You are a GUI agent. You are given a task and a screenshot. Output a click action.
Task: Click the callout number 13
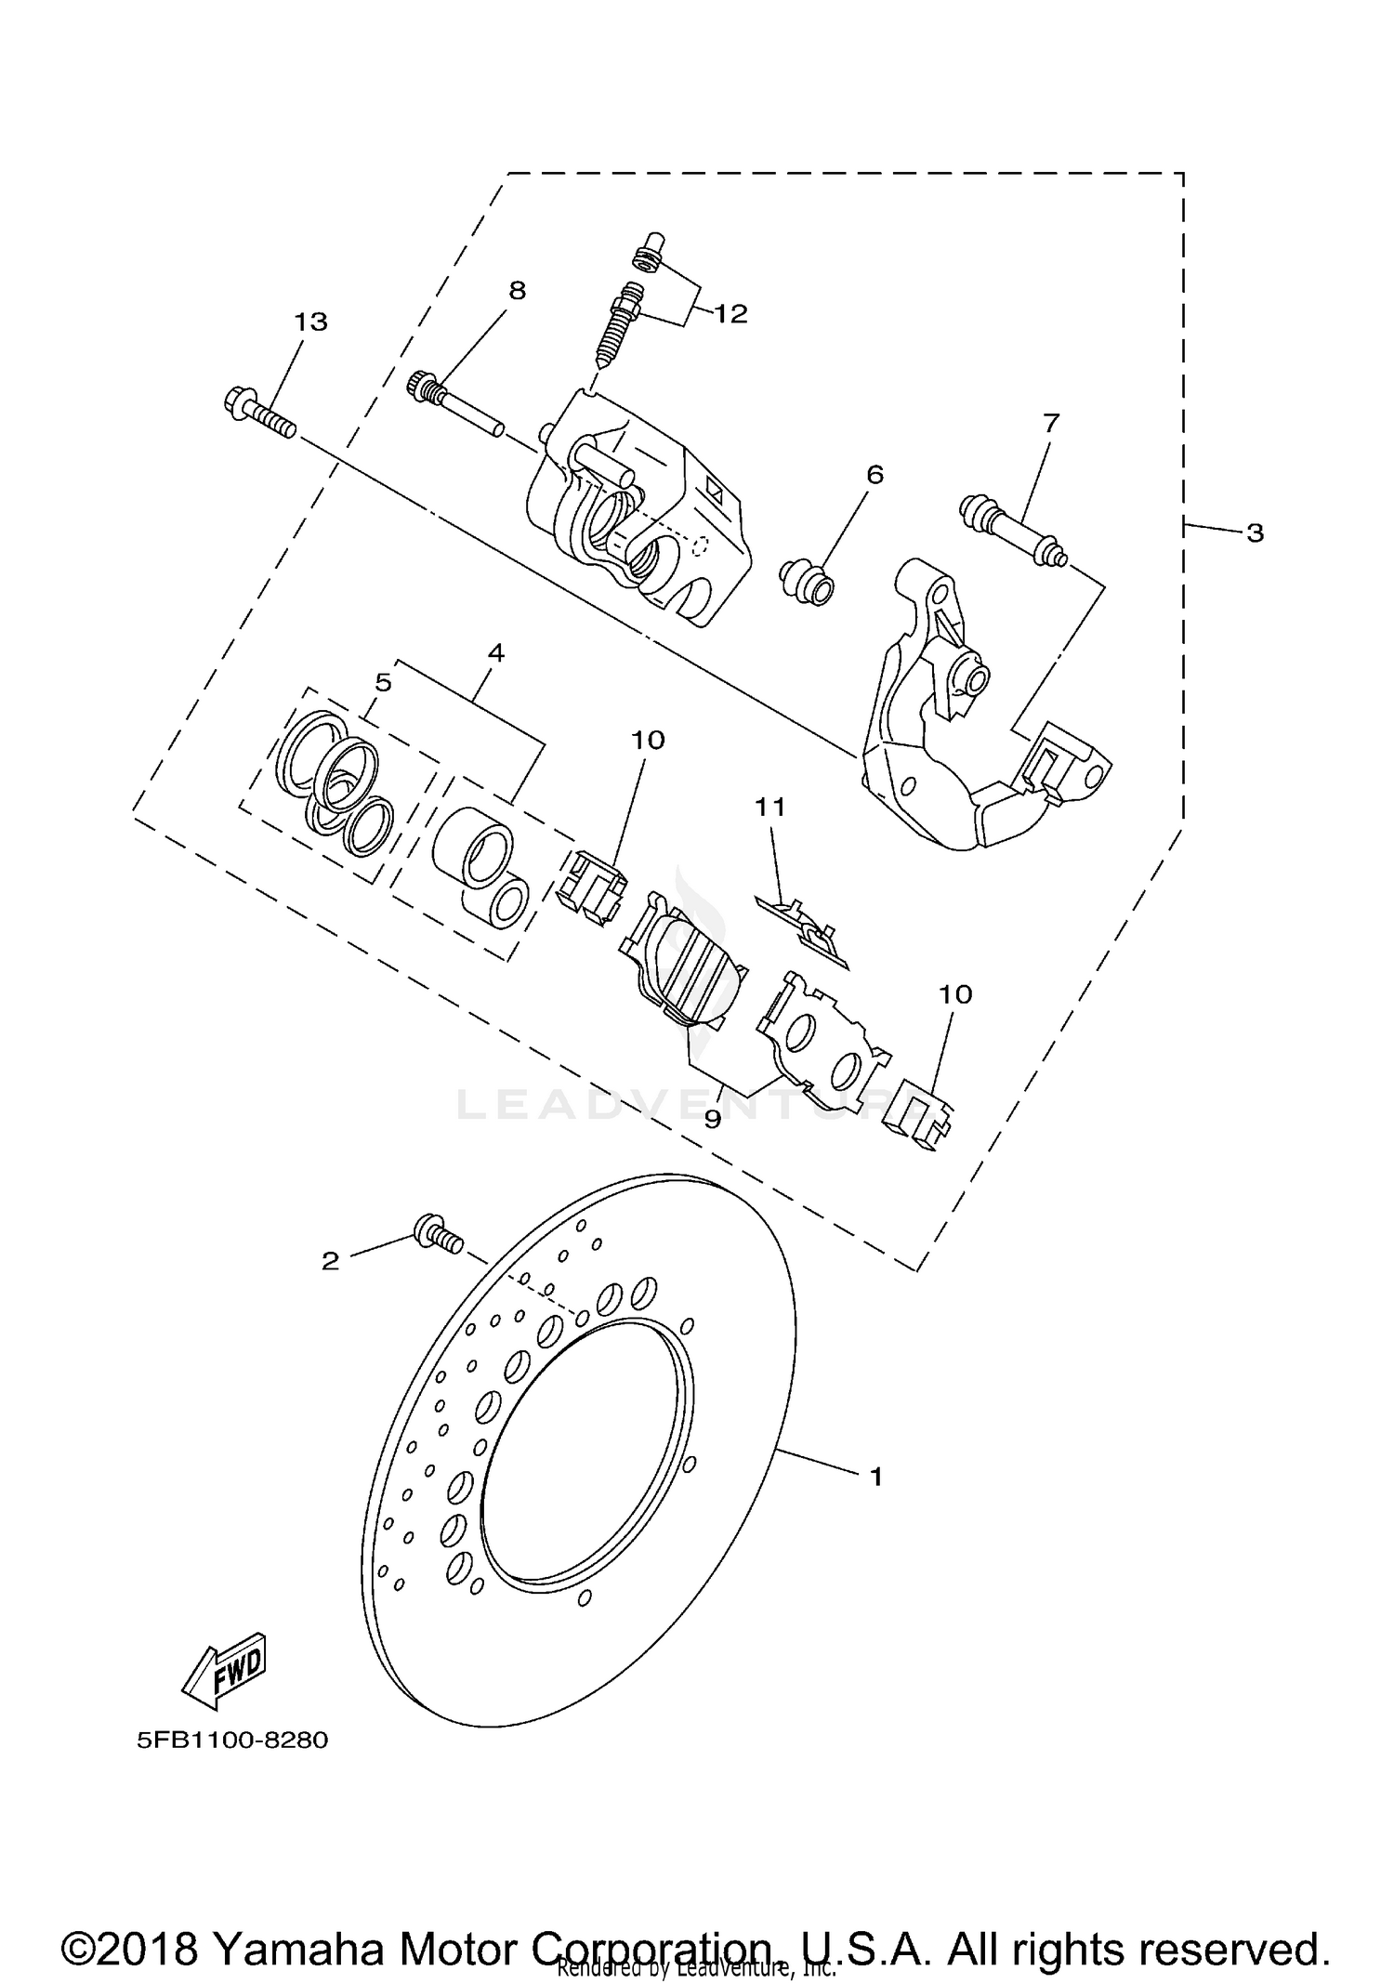(310, 322)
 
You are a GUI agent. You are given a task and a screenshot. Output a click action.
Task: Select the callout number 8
(517, 291)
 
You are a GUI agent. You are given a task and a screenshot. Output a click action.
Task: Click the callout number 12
(730, 314)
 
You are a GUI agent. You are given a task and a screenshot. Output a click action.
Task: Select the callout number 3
(1255, 532)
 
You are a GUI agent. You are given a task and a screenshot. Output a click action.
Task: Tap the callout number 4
(495, 653)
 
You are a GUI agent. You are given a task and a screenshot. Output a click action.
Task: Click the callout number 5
(383, 683)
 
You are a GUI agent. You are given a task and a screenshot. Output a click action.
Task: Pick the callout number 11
(769, 808)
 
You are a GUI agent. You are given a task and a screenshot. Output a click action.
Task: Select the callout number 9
(712, 1120)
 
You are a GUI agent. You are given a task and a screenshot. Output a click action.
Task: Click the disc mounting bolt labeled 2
(437, 1236)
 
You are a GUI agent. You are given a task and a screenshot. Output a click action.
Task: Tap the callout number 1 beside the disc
(875, 1475)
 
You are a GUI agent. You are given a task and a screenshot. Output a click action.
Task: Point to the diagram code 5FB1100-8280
(232, 1740)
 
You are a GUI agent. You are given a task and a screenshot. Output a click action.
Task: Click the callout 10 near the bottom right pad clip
(954, 994)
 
